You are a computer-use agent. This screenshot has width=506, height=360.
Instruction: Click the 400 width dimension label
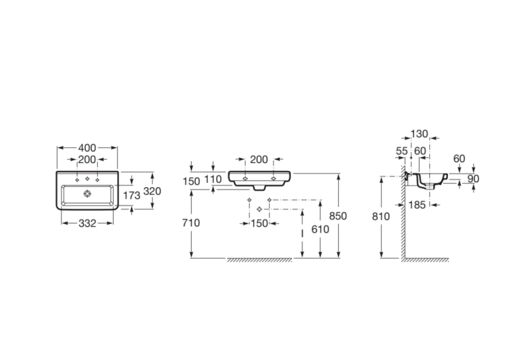[x=87, y=148]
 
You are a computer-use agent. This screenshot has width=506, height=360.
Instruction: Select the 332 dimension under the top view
[x=87, y=223]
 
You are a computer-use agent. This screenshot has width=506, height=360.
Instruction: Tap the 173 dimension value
[x=131, y=195]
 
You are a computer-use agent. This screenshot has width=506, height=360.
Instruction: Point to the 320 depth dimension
[x=152, y=192]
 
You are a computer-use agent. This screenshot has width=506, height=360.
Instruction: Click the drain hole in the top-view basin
[x=87, y=194]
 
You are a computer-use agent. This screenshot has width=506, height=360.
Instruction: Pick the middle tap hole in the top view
[x=87, y=179]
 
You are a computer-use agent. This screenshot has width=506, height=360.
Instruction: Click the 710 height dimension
[x=191, y=223]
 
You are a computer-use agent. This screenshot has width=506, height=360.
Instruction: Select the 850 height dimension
[x=338, y=216]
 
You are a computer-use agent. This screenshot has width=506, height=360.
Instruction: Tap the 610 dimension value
[x=320, y=229]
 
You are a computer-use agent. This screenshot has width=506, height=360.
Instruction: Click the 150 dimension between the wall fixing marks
[x=259, y=223]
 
